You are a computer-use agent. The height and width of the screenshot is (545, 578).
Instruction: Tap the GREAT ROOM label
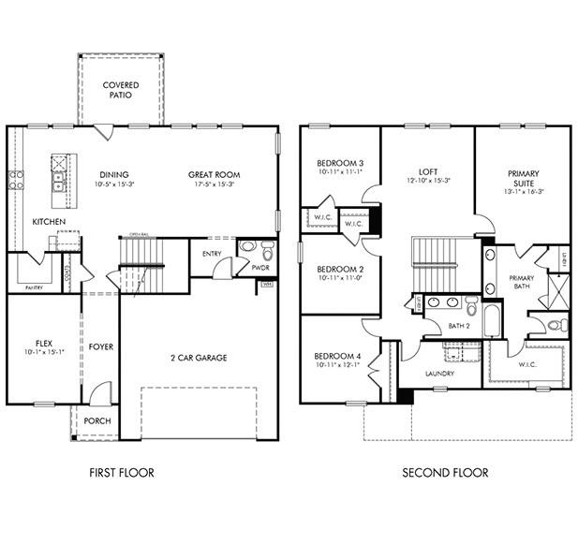[x=214, y=174]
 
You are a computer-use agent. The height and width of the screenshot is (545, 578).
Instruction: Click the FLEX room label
[x=43, y=343]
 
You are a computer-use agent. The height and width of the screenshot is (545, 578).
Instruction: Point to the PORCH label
[x=96, y=421]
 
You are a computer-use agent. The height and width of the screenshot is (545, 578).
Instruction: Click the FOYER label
[x=101, y=347]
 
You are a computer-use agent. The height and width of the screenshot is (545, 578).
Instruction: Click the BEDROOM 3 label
[x=339, y=164]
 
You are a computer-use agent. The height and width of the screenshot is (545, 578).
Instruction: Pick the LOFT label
[x=428, y=171]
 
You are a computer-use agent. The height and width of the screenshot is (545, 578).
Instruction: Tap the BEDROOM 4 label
[x=338, y=356]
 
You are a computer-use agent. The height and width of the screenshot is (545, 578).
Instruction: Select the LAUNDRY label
[x=440, y=374]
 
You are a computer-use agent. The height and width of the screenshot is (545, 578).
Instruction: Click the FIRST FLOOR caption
[x=122, y=473]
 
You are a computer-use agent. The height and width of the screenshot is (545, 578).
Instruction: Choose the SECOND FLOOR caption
[x=445, y=473]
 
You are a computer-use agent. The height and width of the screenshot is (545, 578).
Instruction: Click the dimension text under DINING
[x=114, y=185]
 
